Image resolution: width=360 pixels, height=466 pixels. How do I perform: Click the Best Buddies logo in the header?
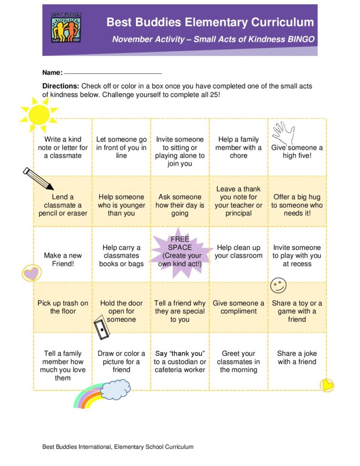pos(66,28)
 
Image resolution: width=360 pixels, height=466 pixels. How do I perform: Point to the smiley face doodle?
pos(278,285)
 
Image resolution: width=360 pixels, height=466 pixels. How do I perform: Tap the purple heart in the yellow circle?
pos(31,273)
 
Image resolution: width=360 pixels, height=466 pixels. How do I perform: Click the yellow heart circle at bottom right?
pos(326,385)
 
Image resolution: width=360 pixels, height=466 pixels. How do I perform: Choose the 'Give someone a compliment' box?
pos(238,307)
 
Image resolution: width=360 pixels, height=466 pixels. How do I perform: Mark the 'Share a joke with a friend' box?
pos(297,358)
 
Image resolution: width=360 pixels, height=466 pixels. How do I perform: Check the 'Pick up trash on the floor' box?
pos(63,307)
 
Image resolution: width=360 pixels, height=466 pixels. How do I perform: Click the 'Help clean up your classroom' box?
pos(238,252)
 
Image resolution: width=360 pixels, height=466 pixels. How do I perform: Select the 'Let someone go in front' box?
pos(122,147)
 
